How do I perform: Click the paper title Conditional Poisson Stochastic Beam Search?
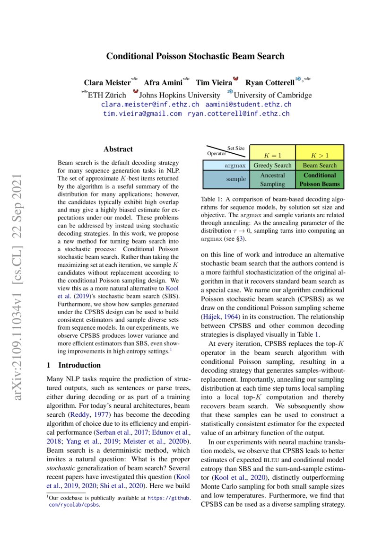(195, 56)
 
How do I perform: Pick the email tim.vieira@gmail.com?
(142, 114)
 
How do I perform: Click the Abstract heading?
(118, 149)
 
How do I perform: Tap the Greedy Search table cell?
(272, 166)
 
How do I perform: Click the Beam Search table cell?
(320, 166)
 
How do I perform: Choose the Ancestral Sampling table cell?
(272, 179)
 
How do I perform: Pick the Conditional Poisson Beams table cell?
(320, 179)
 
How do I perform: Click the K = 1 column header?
(272, 155)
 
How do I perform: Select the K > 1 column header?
(320, 155)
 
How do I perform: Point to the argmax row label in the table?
(235, 166)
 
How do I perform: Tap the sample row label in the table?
(236, 179)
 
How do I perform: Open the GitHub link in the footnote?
(170, 498)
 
